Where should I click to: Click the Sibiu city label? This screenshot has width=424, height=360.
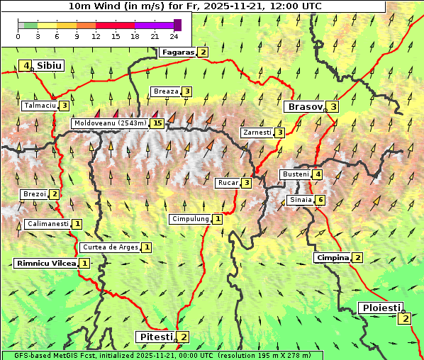[50, 66]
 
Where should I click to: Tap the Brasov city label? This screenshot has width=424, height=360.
[304, 107]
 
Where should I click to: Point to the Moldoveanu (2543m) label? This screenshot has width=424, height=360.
[110, 123]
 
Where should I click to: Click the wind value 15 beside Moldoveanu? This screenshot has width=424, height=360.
[157, 123]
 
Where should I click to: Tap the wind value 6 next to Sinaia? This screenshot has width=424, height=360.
[320, 200]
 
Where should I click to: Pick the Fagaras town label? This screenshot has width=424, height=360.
[177, 52]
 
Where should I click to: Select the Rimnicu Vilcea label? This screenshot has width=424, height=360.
[45, 263]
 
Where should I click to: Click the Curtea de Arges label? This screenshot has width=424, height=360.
[110, 247]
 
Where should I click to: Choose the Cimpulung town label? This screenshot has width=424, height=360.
[190, 219]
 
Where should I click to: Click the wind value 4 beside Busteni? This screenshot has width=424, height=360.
[318, 174]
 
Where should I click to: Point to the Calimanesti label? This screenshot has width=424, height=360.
[48, 224]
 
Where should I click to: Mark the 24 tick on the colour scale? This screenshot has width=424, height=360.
[174, 36]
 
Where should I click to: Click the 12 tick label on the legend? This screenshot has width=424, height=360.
[96, 36]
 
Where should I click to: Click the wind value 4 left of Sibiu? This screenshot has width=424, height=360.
[27, 66]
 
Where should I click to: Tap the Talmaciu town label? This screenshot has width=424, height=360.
[39, 106]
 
